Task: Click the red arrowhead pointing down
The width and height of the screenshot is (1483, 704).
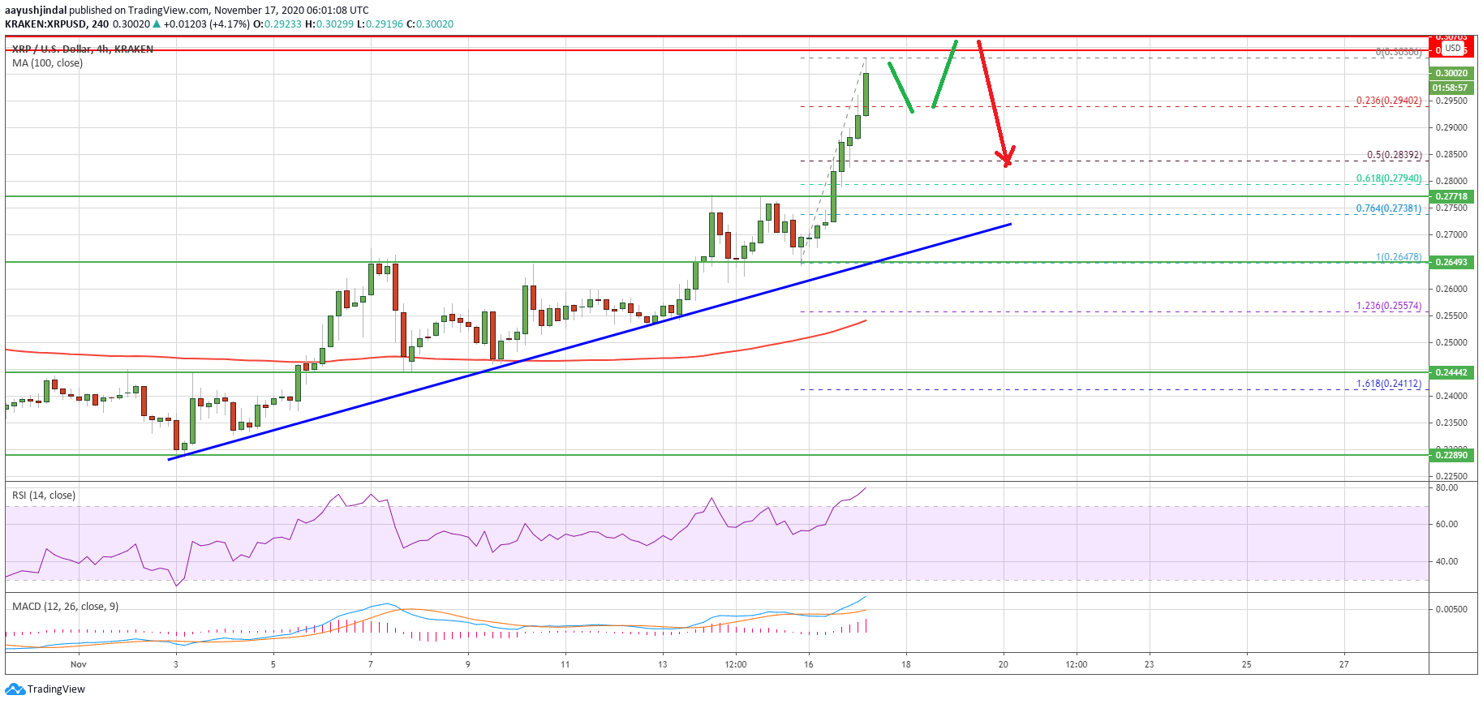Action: (1006, 158)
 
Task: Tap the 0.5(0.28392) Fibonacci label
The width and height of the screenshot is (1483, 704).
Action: (1394, 155)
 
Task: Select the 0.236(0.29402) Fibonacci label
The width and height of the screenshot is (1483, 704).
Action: (1388, 101)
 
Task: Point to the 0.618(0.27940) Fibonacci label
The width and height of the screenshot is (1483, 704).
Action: (1388, 178)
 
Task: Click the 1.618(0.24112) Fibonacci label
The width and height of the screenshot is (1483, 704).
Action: (1388, 384)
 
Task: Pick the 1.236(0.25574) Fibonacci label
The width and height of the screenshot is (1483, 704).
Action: (1388, 306)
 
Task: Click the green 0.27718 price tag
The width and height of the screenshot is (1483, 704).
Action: (1451, 196)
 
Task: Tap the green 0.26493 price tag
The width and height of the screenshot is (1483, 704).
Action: (1451, 262)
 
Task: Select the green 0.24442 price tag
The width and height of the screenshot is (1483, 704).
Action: (1451, 372)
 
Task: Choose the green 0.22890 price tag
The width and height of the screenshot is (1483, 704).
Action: (1451, 455)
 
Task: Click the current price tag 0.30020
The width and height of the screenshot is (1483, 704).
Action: (1451, 73)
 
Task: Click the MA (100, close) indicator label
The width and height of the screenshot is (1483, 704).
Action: (47, 63)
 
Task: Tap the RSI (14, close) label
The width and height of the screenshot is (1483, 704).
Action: (44, 496)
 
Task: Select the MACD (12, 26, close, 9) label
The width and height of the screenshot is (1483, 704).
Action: (65, 607)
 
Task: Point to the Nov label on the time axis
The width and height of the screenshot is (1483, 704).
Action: (78, 664)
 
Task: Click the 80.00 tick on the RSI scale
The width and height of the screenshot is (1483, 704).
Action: (1446, 488)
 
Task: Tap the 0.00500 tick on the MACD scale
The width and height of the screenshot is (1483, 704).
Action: (1451, 609)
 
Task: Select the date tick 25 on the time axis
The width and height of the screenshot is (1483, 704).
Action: (1246, 664)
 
